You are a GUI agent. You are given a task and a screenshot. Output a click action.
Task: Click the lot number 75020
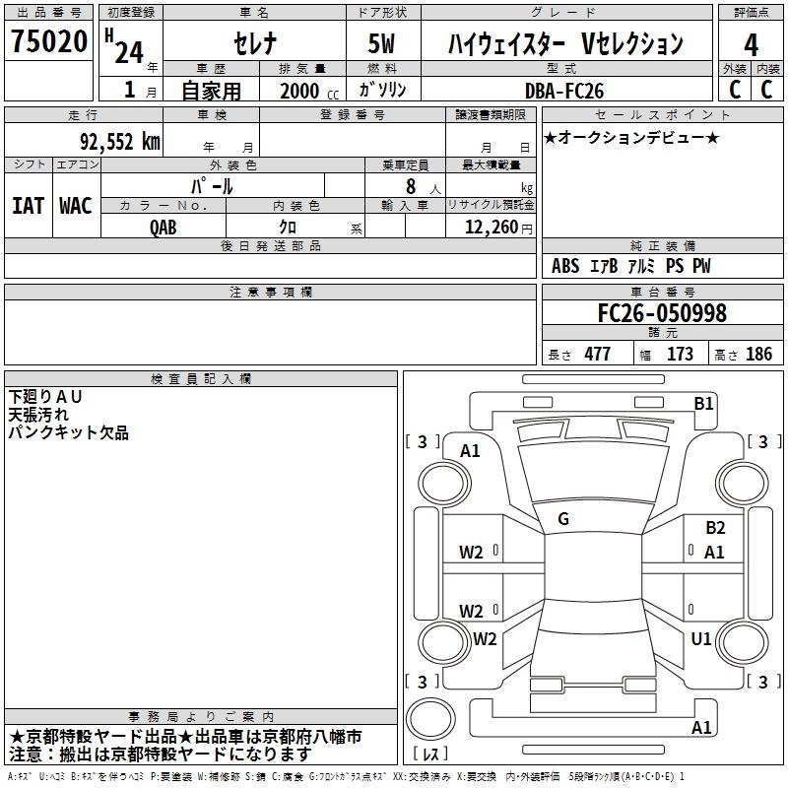coord(49,40)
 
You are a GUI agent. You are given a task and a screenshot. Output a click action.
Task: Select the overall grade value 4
coord(751,45)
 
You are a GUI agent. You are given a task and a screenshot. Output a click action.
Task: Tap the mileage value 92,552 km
coord(119,142)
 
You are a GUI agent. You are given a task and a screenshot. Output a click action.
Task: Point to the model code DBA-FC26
coord(564,91)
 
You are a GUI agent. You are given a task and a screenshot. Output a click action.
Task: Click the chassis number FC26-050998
coord(662,313)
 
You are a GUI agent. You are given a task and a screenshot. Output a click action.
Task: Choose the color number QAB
coord(164,228)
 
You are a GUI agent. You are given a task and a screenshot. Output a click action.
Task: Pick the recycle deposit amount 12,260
coord(492,228)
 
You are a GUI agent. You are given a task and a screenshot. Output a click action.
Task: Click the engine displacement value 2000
coord(299,91)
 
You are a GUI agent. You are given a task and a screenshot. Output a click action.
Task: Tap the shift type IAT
coord(29,206)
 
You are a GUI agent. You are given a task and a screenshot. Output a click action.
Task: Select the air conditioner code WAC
coord(76,206)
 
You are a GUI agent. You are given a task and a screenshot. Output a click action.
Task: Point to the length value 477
coord(598,354)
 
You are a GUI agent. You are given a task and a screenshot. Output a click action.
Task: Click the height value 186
coord(758,354)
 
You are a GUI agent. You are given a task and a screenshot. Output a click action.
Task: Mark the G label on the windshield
coord(563,519)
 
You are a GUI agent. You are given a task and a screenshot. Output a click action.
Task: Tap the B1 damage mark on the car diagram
coord(703,404)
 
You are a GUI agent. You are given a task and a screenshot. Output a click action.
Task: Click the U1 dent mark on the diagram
coord(701,638)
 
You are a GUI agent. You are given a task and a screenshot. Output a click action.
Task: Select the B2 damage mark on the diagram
coord(715,528)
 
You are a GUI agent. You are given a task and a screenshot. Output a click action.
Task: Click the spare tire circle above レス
coord(430,719)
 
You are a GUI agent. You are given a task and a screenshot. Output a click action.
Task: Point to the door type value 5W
coord(382,43)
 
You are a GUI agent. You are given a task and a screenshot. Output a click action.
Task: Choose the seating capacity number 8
coord(411,186)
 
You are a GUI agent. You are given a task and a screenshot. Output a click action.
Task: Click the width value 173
coord(680,354)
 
